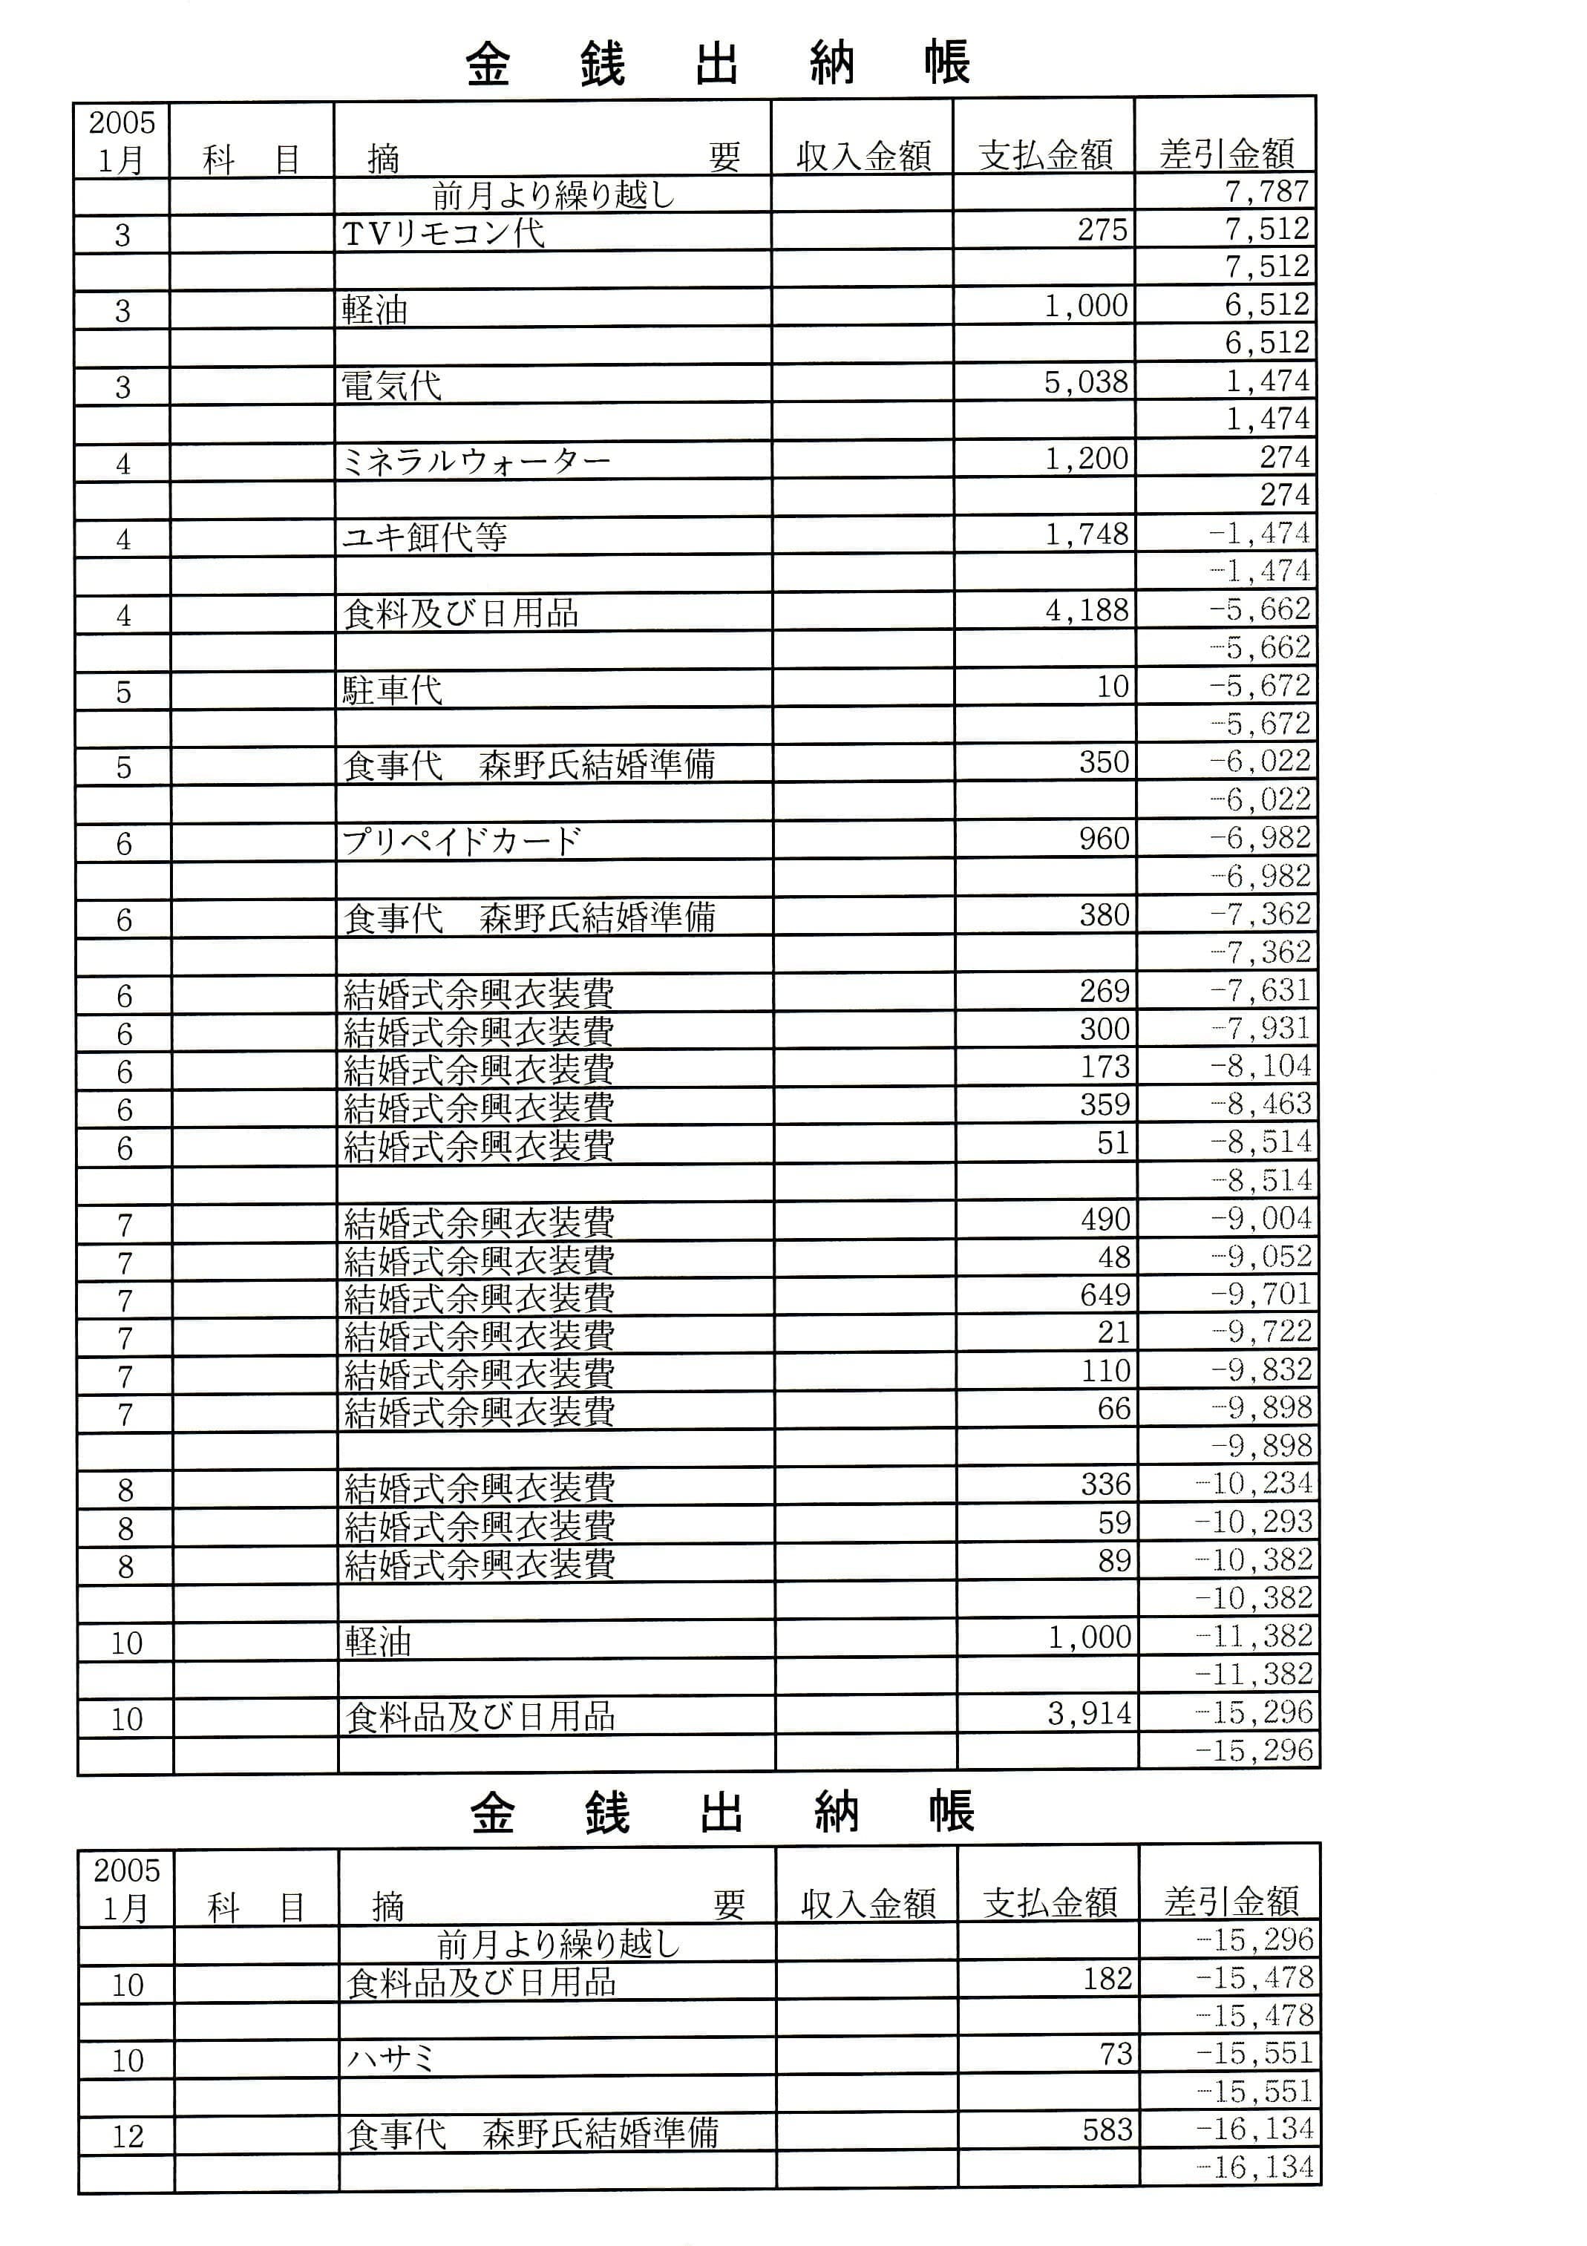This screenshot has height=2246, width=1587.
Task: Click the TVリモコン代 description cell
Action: [x=443, y=233]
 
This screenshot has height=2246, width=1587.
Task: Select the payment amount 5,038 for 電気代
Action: [x=1086, y=382]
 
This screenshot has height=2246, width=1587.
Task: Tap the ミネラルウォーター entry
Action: [x=477, y=459]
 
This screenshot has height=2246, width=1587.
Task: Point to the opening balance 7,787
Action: [x=1267, y=191]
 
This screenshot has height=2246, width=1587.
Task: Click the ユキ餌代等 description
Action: [x=425, y=536]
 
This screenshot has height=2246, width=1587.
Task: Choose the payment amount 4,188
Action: [x=1087, y=610]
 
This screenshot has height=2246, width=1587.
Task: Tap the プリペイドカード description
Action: [x=462, y=841]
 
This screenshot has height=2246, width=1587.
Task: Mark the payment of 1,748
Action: [x=1087, y=534]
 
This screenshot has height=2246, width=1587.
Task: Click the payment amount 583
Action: [x=1107, y=2129]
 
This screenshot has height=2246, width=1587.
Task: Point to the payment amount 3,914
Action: [x=1089, y=1713]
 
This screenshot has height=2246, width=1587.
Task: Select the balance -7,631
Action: [x=1260, y=991]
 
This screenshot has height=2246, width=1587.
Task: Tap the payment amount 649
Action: [x=1105, y=1295]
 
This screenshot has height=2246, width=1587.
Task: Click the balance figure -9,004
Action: [x=1261, y=1219]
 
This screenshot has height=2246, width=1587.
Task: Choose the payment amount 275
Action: [x=1103, y=230]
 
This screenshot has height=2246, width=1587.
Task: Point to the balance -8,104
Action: [x=1261, y=1067]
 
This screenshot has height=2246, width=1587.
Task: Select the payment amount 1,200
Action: [x=1087, y=458]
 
